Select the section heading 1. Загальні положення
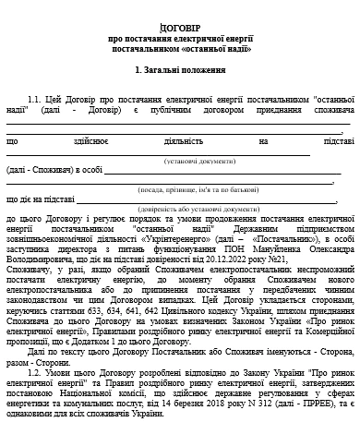[179, 70]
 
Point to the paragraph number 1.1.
[36, 99]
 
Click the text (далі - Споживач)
[36, 170]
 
